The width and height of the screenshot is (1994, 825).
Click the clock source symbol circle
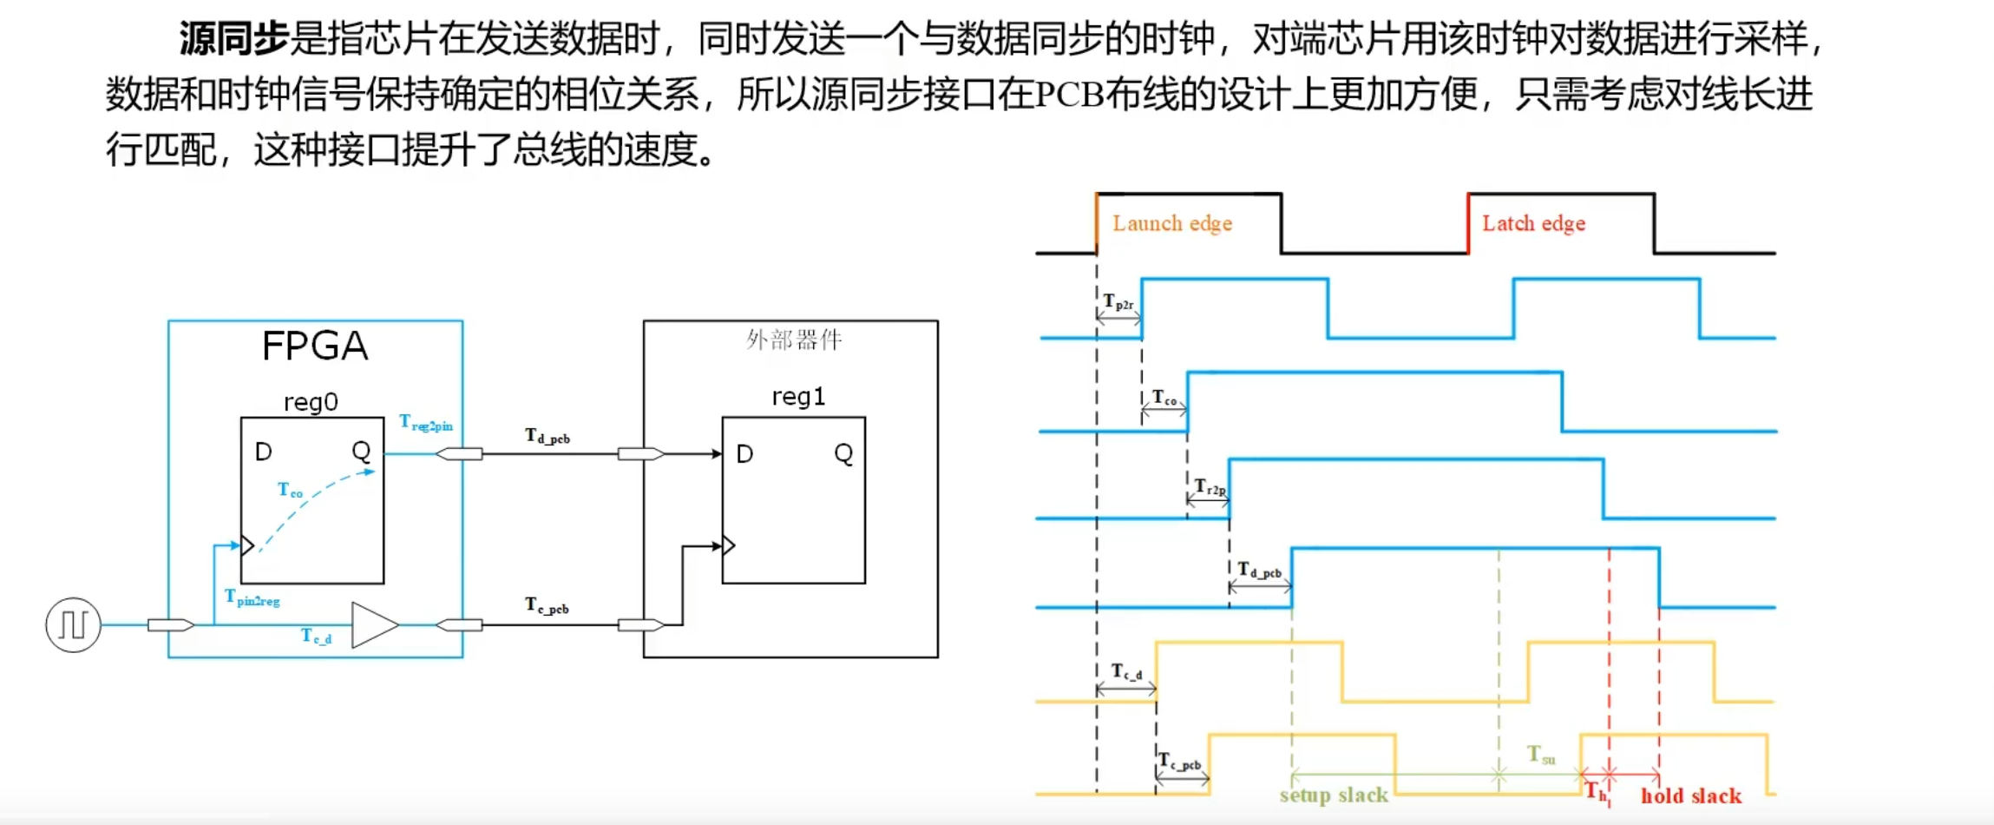[73, 624]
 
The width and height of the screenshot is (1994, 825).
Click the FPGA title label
[315, 346]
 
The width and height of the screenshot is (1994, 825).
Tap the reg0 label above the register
[311, 402]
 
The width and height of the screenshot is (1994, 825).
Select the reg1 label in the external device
[798, 397]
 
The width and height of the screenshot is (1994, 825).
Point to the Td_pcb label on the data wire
[548, 436]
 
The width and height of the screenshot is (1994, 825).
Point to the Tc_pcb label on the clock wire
[547, 605]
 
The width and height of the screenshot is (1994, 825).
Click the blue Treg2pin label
[425, 423]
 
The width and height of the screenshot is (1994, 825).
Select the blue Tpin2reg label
[252, 597]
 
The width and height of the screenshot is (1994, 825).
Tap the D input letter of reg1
[744, 454]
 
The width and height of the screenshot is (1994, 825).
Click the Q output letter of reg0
[361, 451]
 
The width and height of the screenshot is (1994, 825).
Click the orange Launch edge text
[1171, 224]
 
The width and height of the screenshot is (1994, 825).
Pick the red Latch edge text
[1533, 224]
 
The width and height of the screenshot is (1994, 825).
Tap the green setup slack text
[1334, 795]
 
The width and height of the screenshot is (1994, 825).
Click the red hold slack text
[1690, 795]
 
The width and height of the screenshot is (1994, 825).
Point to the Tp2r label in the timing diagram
[1118, 302]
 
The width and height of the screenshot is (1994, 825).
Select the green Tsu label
[1541, 755]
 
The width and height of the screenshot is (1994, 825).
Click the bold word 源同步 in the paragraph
[233, 38]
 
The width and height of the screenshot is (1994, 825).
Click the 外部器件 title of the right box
[794, 340]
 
